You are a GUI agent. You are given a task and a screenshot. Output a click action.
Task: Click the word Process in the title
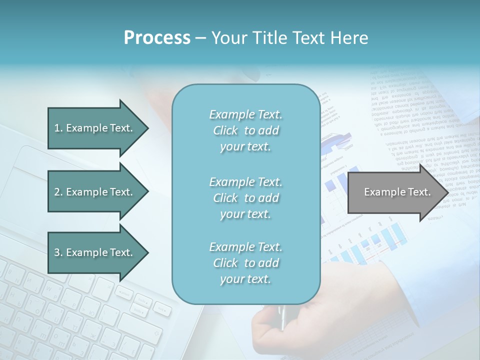click(157, 38)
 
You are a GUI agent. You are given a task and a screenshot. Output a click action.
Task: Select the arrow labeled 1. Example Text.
click(95, 128)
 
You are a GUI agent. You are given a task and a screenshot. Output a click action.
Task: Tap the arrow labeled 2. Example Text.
click(95, 192)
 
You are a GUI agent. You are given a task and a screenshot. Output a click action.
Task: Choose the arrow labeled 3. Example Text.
click(95, 252)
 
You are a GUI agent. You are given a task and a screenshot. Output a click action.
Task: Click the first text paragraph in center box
click(245, 130)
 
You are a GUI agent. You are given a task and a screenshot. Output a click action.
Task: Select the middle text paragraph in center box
click(245, 198)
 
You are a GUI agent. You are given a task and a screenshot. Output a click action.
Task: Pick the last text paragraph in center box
click(245, 263)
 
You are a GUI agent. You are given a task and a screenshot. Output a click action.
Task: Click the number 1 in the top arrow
click(57, 128)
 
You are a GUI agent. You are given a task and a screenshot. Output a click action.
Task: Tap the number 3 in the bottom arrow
click(57, 252)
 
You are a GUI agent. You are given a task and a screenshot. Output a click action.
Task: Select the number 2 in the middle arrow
click(57, 192)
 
